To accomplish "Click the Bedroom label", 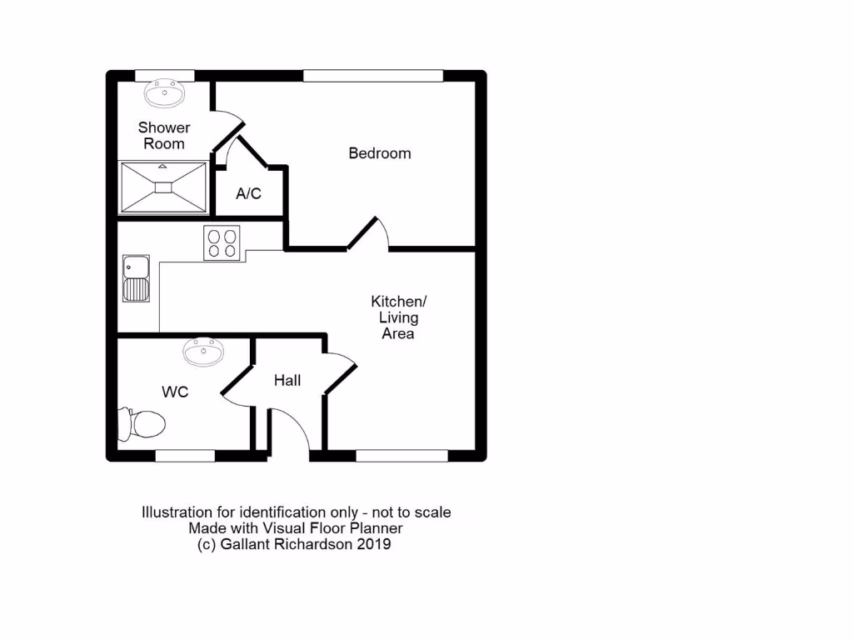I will (x=379, y=153).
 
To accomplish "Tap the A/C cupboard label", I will (x=248, y=194).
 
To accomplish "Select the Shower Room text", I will (x=164, y=135).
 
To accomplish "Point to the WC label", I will (x=175, y=391).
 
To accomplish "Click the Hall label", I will (x=287, y=381).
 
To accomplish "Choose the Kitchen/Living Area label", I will (x=398, y=317).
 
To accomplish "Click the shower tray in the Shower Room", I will (x=163, y=187).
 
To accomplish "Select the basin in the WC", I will (x=203, y=352).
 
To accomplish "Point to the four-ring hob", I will (x=222, y=242).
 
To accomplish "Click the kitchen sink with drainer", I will (x=135, y=278).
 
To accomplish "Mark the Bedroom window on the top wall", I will (x=372, y=76).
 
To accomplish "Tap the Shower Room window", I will (x=165, y=76).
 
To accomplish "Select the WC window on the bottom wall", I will (x=185, y=456).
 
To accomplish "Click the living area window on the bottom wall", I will (x=402, y=456).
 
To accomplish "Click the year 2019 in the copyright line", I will (x=373, y=544).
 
